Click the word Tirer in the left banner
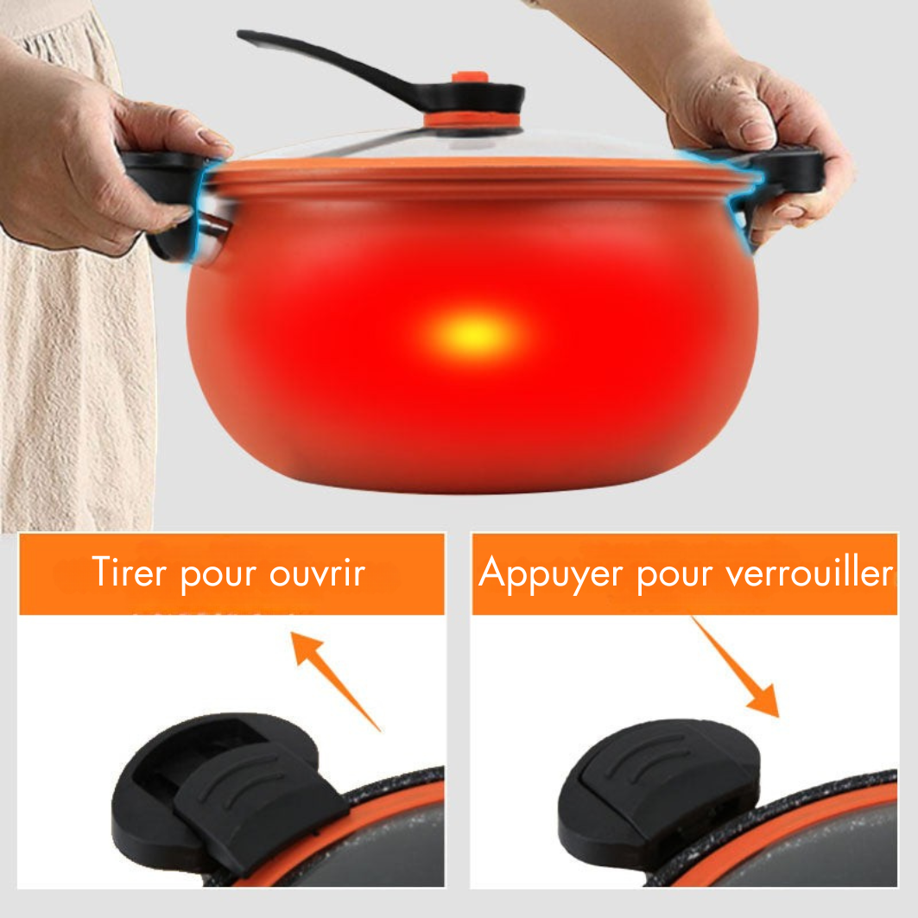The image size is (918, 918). [x=130, y=572]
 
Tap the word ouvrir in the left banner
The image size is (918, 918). [x=317, y=573]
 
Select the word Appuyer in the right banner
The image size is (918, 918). [x=550, y=573]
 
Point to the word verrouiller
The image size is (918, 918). [x=810, y=572]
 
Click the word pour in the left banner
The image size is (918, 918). [x=218, y=576]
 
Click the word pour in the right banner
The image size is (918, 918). [x=674, y=576]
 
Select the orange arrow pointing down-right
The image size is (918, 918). [x=735, y=667]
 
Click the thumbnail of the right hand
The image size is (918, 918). [x=756, y=131]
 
